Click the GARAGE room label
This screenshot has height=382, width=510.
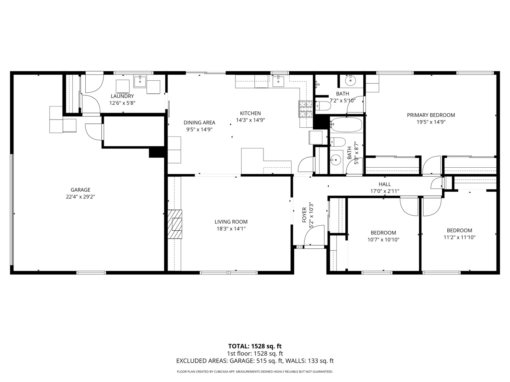point(80,190)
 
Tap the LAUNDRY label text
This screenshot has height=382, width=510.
point(122,96)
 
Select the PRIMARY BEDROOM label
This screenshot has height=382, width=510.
point(431,115)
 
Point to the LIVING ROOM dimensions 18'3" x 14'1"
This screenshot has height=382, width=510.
point(231,229)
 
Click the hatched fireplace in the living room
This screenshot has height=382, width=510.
point(175,224)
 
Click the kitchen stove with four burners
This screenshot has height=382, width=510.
point(306,109)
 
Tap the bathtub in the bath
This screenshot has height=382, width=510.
point(346,125)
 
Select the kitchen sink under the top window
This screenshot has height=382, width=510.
point(278,81)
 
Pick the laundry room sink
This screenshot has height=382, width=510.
point(140,82)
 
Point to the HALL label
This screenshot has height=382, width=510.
point(385,184)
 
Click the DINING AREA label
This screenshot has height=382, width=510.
point(199,122)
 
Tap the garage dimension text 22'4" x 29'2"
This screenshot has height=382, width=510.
point(80,197)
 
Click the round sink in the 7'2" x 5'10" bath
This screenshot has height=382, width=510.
point(350,81)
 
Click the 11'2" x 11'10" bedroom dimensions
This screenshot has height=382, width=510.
point(459,237)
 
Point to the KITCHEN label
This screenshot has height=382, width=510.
point(250,113)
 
